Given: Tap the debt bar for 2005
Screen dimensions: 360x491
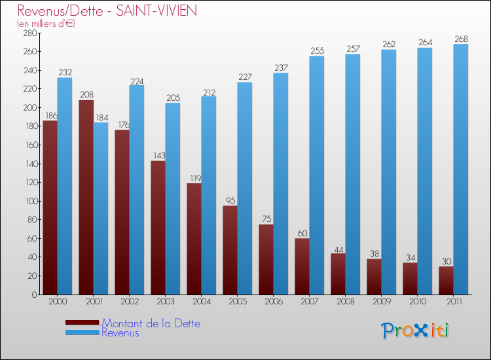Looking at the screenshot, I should coord(230,250).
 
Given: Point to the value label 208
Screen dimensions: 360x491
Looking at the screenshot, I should coord(86,95).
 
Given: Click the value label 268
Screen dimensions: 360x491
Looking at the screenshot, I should coord(461,39).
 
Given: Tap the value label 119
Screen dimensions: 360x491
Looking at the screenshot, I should coord(194,178).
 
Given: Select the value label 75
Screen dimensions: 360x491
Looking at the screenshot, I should coord(266,219).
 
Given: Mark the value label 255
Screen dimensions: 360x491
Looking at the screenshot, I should coord(317,51).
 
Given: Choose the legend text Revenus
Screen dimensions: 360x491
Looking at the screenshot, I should coord(120,333).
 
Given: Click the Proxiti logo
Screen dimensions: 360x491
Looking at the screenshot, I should coord(415,330).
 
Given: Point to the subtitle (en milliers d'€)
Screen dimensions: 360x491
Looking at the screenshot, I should coord(46,24).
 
